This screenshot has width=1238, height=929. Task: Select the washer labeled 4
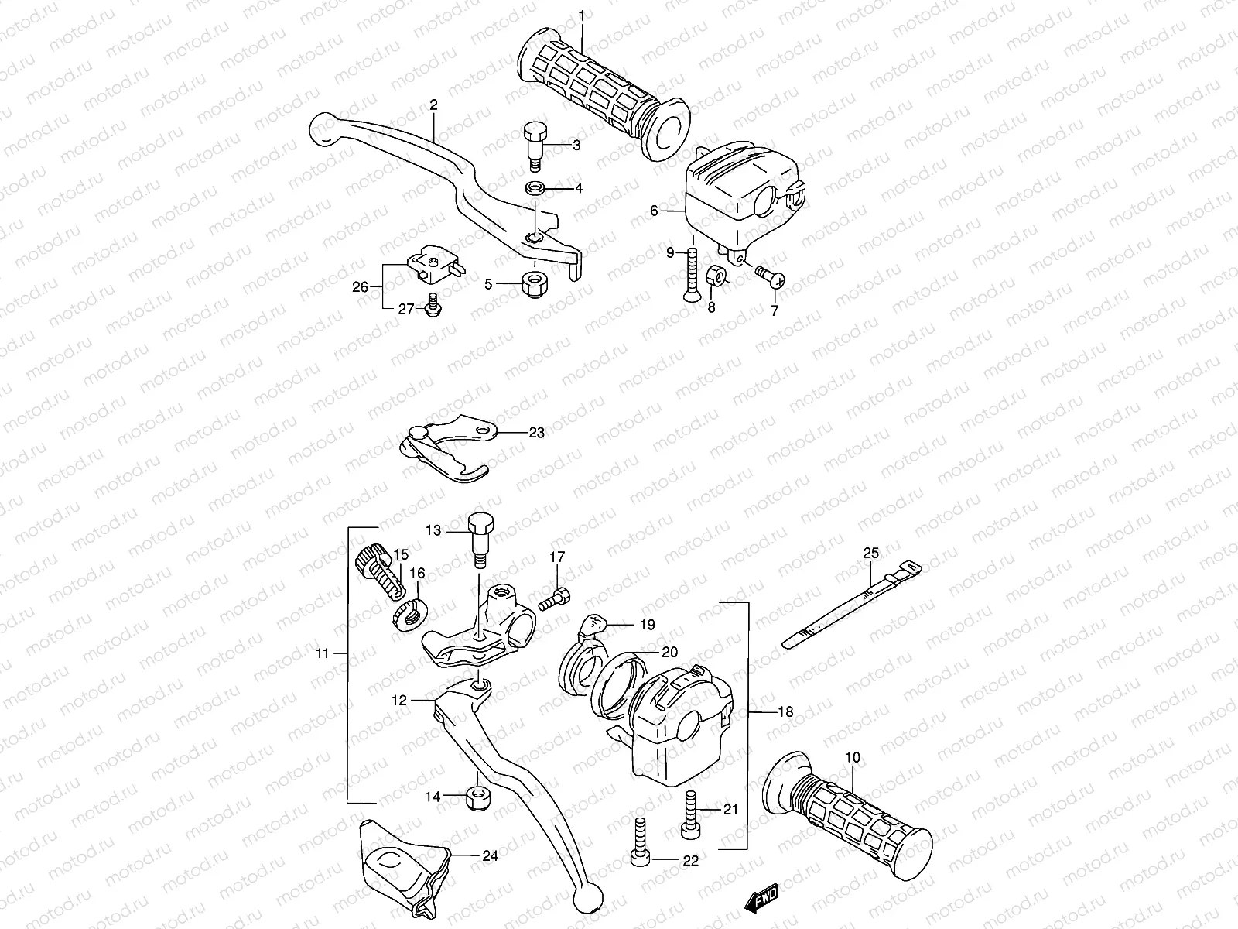coord(533,188)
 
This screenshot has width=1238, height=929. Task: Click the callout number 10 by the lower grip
coord(852,757)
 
